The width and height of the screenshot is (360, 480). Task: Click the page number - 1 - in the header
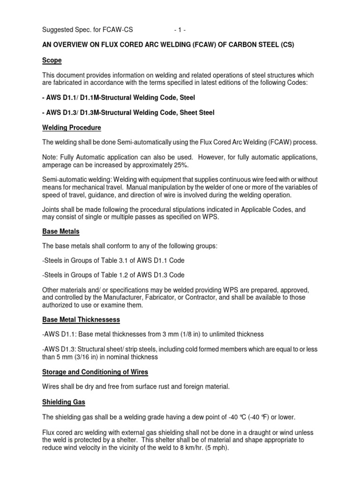[179, 30]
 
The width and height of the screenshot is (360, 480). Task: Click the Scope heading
[52, 60]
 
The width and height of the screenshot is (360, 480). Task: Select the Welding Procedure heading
[71, 127]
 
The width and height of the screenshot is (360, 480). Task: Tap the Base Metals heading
[60, 231]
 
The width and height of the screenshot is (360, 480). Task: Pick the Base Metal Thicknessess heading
[81, 320]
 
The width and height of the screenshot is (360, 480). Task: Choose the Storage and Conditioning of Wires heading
[95, 372]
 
